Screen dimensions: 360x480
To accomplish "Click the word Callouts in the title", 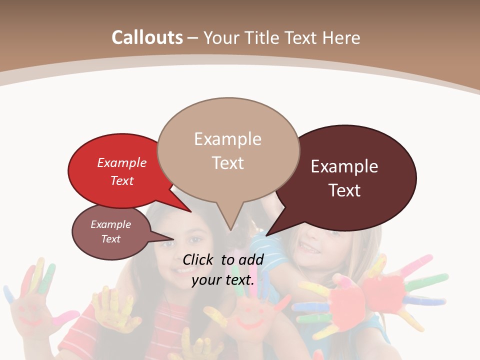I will pos(147,37).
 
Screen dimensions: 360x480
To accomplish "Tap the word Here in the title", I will pos(341,37).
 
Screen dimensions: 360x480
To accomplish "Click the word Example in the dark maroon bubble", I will pos(344,166).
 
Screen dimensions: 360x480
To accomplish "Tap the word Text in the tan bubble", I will pos(228,163).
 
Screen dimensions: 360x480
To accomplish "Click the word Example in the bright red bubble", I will pos(122,162).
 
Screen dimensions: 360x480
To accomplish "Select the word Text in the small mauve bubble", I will pos(111,239).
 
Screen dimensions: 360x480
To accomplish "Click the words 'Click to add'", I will pos(223,259).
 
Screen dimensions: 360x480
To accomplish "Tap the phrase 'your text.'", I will pos(223,280).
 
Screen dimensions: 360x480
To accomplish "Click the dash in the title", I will pos(193,37).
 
